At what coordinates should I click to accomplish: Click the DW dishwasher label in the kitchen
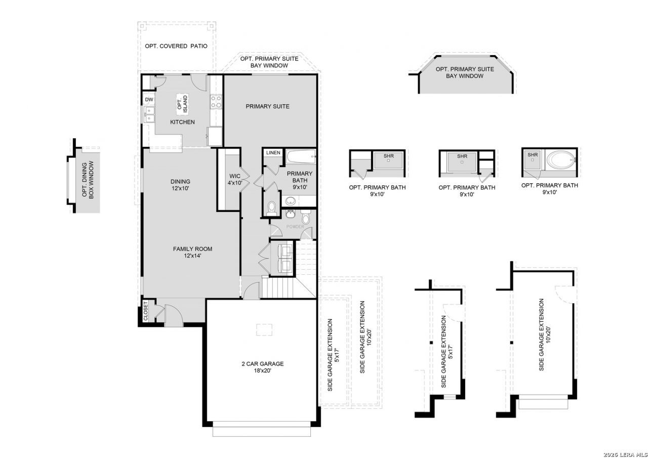[149, 100]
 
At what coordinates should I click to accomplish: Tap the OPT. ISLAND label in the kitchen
[183, 104]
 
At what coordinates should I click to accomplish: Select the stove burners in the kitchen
[216, 102]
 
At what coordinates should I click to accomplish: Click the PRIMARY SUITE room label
[267, 106]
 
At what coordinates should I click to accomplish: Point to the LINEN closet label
[273, 153]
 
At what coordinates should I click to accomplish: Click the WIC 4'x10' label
[234, 179]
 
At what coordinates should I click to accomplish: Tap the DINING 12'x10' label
[180, 185]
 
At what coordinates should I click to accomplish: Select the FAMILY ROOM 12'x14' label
[192, 252]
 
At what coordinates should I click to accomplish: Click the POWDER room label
[295, 227]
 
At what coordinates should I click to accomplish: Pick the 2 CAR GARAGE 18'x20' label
[263, 367]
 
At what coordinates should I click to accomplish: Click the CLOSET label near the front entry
[145, 311]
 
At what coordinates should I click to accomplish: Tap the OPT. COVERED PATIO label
[176, 46]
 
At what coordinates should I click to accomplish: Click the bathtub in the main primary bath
[301, 156]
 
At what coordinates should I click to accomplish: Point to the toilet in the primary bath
[271, 209]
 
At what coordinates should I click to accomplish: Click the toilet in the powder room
[305, 217]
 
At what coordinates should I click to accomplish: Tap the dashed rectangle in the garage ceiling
[264, 329]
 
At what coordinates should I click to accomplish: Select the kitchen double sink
[149, 114]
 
